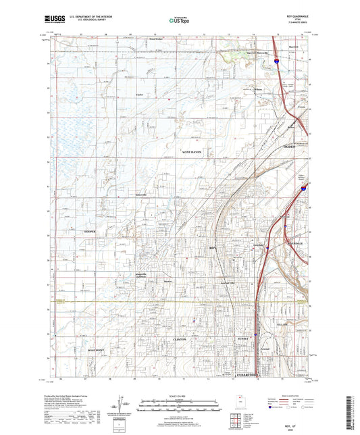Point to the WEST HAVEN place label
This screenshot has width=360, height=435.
192,153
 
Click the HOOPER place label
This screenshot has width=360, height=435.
91,231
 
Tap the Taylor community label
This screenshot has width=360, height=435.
140,94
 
